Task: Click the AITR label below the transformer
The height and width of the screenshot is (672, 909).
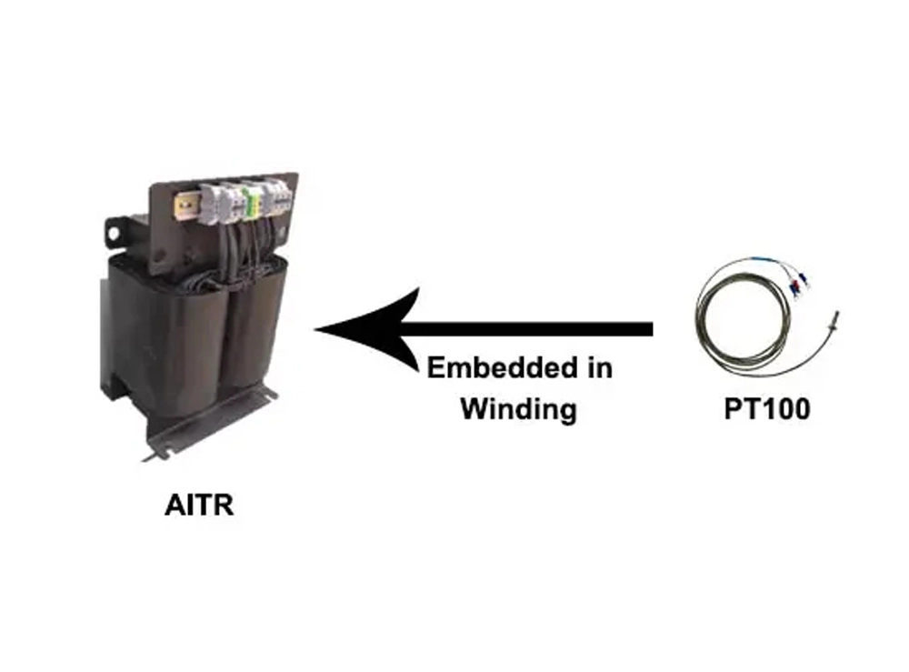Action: (199, 505)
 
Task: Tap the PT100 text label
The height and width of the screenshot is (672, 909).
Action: (766, 408)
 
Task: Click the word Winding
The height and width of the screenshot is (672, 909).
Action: (518, 408)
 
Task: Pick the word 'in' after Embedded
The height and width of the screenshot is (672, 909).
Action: (596, 367)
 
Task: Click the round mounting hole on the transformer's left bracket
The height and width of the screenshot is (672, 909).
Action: (114, 235)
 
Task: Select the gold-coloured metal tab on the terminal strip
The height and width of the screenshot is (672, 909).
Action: (188, 207)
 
